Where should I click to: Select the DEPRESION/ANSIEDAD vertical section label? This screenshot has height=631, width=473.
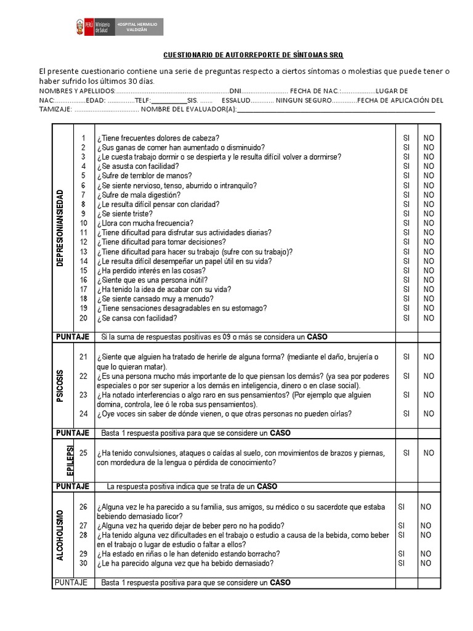pyautogui.click(x=60, y=228)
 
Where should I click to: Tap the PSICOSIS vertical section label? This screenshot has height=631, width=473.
pyautogui.click(x=60, y=386)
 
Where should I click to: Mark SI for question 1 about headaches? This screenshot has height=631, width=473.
pyautogui.click(x=406, y=138)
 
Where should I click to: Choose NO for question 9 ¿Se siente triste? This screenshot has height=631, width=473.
pyautogui.click(x=429, y=214)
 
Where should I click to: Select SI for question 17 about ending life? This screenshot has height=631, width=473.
pyautogui.click(x=406, y=290)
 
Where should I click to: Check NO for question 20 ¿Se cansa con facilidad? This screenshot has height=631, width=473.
pyautogui.click(x=429, y=318)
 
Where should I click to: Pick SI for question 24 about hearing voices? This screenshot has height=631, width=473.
pyautogui.click(x=406, y=414)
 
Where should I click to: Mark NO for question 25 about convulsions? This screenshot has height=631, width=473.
pyautogui.click(x=429, y=453)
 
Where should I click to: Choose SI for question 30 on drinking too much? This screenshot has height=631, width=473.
pyautogui.click(x=402, y=563)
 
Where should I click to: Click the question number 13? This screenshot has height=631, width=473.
pyautogui.click(x=84, y=251)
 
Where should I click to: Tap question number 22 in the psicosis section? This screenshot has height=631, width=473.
pyautogui.click(x=84, y=376)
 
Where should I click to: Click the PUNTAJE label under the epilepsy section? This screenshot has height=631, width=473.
pyautogui.click(x=73, y=486)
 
